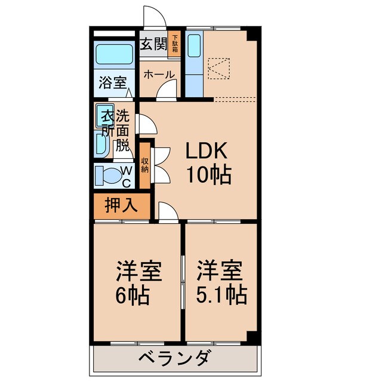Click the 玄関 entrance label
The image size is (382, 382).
point(153,44)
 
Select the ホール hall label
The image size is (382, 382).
point(159,75)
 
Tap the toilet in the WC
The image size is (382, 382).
point(109,175)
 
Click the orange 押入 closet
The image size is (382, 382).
point(122,206)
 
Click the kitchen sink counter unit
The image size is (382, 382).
point(194,63)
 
